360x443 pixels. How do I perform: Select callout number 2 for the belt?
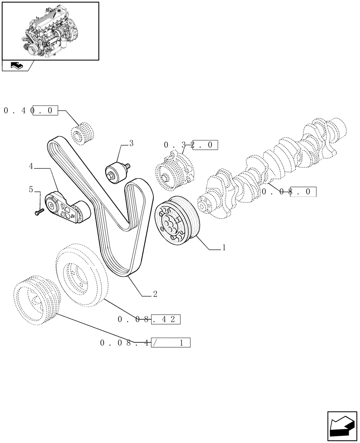pyautogui.click(x=155, y=294)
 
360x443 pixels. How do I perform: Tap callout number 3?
pyautogui.click(x=131, y=144)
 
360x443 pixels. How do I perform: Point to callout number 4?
pyautogui.click(x=31, y=167)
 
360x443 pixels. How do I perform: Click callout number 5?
pyautogui.click(x=31, y=190)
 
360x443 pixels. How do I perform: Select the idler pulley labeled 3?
pyautogui.click(x=116, y=172)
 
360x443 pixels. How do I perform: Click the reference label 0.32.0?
pyautogui.click(x=191, y=145)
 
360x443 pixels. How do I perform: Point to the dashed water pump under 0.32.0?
pyautogui.click(x=174, y=170)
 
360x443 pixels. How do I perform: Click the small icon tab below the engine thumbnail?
pyautogui.click(x=17, y=66)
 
